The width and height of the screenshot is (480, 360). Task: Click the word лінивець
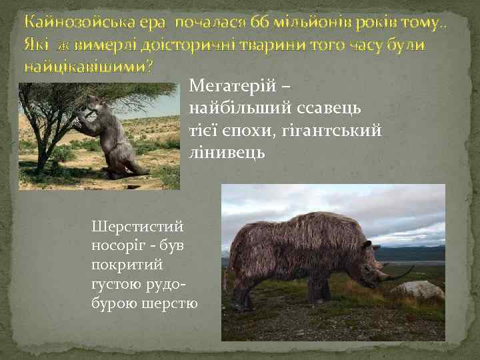click(227, 153)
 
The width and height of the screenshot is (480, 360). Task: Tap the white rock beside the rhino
click(417, 289)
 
